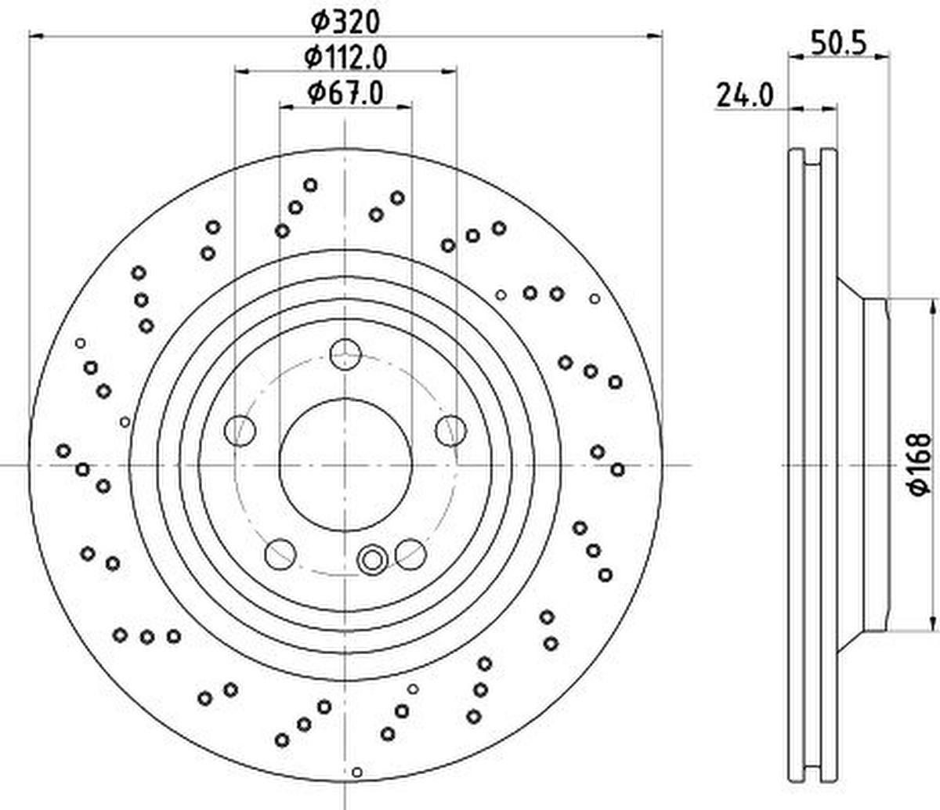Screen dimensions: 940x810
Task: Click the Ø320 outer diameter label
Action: [x=345, y=22]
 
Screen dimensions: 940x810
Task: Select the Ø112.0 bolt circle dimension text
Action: [x=345, y=58]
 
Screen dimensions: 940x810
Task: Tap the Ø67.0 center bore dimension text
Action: [x=345, y=93]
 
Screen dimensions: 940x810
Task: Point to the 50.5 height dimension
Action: [x=839, y=44]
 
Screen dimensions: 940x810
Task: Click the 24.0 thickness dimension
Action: [x=745, y=96]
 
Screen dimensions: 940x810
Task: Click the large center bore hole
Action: [x=345, y=465]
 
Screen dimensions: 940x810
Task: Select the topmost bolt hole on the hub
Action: [x=345, y=354]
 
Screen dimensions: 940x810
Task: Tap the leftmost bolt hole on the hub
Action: [x=240, y=430]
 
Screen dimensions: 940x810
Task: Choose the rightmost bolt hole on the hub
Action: [x=450, y=430]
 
